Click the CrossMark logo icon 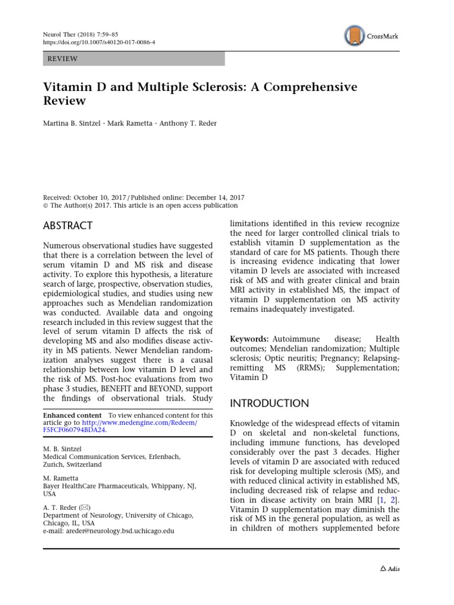354,36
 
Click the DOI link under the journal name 100,43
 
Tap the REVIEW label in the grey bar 62,58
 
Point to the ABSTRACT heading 69,226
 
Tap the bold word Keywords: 249,339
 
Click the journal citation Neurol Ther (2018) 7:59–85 82,35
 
